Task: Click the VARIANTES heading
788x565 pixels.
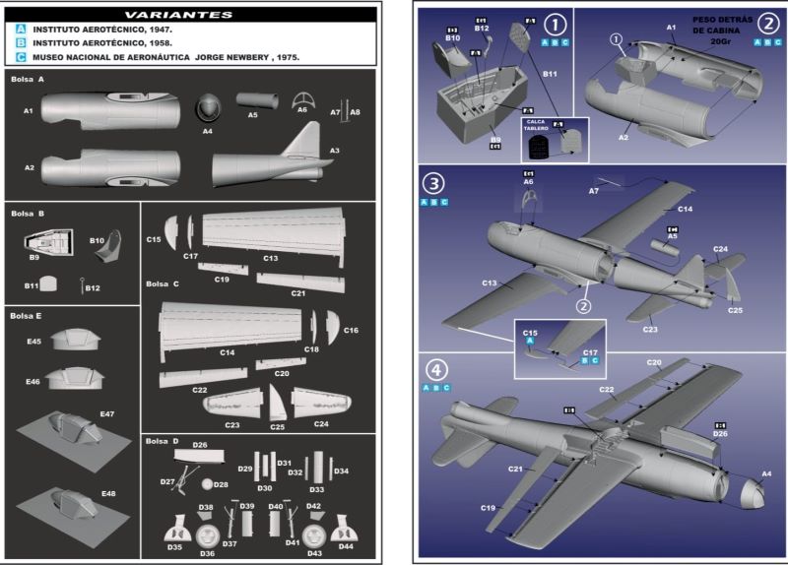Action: (x=192, y=15)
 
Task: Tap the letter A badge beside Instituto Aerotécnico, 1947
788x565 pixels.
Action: (x=21, y=31)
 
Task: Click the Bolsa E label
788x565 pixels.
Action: (x=27, y=315)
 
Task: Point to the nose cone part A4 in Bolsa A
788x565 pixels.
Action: (x=208, y=107)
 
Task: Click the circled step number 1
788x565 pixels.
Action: (x=558, y=24)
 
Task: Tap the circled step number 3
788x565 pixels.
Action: (x=434, y=184)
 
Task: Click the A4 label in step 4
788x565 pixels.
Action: (x=767, y=474)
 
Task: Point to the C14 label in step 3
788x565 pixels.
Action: (x=685, y=209)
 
